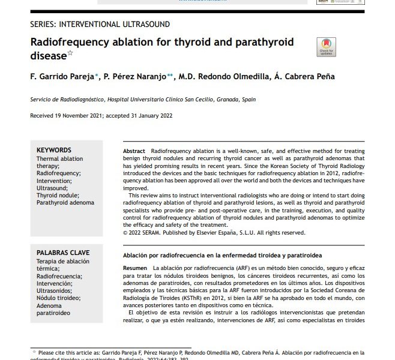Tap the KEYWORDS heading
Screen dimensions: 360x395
pyautogui.click(x=54, y=150)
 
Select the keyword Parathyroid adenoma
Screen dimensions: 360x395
pyautogui.click(x=65, y=202)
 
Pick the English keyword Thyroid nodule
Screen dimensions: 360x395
pyautogui.click(x=58, y=195)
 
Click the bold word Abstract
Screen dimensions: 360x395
pyautogui.click(x=134, y=150)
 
